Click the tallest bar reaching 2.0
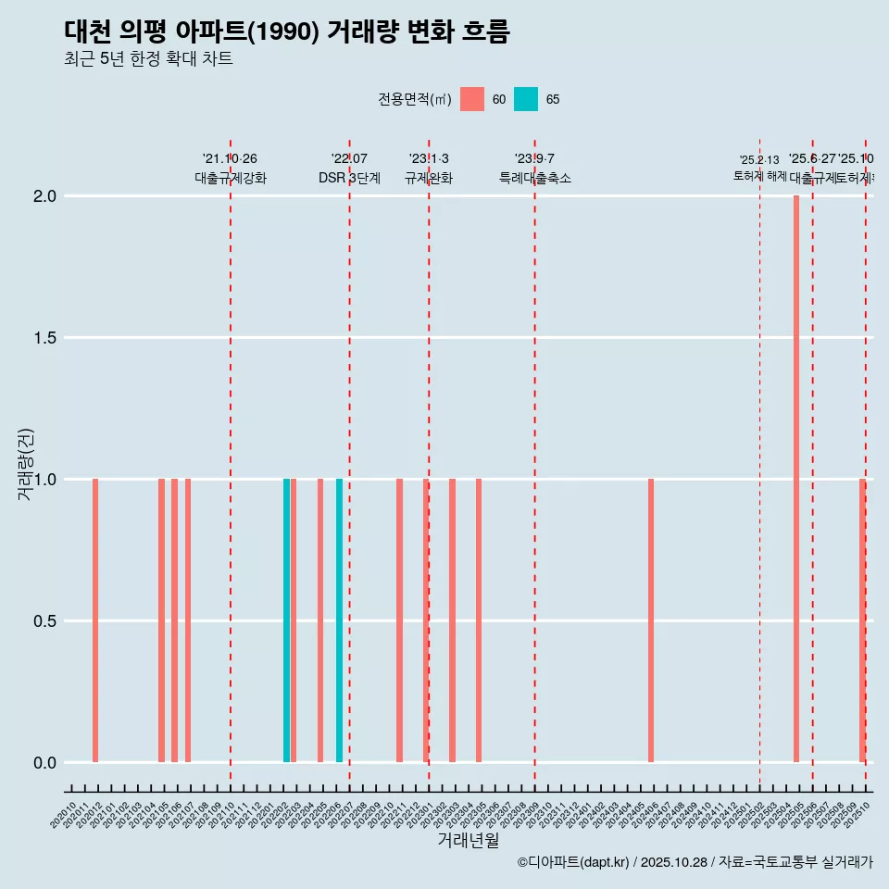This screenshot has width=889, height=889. coord(795,479)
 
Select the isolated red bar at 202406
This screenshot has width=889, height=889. coord(651,620)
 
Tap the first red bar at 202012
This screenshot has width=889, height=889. coord(95,620)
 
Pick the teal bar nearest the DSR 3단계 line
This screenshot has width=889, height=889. coord(339,620)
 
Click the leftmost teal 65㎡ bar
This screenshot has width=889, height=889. coord(286,620)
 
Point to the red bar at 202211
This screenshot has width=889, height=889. coord(399,620)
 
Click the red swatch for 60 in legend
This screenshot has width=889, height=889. coord(472,99)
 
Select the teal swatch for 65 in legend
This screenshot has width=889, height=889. coord(526,99)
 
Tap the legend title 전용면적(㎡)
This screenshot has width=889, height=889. coord(414,99)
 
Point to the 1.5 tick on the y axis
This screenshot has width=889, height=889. coord(44,338)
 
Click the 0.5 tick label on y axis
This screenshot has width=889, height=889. coord(44,621)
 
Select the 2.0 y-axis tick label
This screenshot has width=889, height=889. coord(44,196)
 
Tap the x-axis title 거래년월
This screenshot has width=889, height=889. coord(468,840)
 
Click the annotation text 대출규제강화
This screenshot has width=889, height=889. coord(231,178)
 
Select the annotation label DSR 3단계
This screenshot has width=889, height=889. coord(349,178)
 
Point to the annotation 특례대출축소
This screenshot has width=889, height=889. coord(534,178)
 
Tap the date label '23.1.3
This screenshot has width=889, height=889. coord(429,158)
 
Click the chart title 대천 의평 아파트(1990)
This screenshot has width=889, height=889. coord(287,31)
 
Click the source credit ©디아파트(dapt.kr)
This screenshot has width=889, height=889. coord(574,862)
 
